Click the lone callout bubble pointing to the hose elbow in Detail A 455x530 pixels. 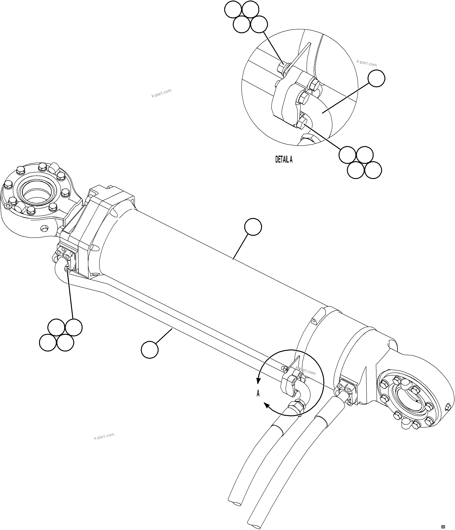pos(376,79)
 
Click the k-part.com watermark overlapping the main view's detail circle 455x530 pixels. pos(306,371)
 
